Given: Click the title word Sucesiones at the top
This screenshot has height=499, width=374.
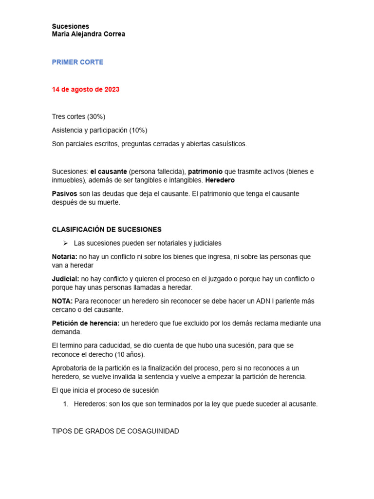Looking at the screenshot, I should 70,26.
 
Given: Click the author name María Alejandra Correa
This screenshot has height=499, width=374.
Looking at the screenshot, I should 88,34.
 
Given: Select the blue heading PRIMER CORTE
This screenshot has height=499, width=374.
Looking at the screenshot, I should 77,62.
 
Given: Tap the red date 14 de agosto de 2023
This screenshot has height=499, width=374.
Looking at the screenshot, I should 85,90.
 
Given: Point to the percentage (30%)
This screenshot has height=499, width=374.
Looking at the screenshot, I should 96,116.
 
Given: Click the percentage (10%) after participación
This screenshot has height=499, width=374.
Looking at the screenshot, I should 138,130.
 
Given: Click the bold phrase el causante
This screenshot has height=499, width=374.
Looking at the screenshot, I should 109,172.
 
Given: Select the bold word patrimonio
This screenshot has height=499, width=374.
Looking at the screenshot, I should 205,172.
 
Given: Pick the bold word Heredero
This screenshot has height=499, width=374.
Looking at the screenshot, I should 220,180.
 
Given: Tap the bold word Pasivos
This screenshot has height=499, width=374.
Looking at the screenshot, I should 64,193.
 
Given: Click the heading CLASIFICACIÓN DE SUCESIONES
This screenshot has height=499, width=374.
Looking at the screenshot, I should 107,230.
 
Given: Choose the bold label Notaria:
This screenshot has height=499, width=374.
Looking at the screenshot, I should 64,256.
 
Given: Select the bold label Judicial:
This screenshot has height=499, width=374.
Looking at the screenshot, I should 65,279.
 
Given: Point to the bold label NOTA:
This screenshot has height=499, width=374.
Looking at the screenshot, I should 62,301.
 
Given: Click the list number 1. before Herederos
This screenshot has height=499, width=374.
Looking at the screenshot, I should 67,404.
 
